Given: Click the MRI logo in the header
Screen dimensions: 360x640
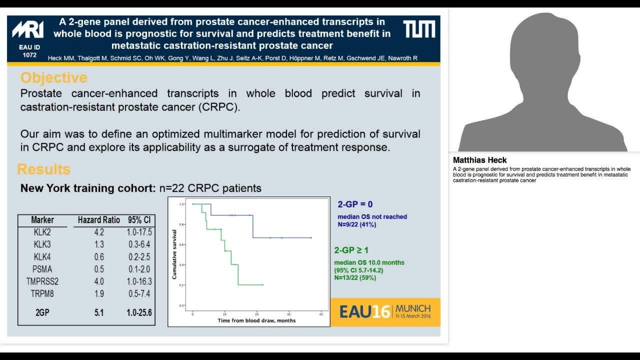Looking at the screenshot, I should point(28,30).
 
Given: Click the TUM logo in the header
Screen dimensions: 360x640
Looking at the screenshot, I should point(419,29).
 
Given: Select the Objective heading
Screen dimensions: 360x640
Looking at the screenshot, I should point(54,77).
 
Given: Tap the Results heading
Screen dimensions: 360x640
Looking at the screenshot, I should point(44,169).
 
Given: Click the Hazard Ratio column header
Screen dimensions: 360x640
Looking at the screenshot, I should point(99,220).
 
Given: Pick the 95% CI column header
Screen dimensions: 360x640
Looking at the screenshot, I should point(139,220).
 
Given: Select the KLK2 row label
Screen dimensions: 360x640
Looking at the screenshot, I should point(42,232).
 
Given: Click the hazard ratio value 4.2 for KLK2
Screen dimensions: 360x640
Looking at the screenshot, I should point(98,232).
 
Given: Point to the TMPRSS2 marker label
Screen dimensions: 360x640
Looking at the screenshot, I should point(42,281).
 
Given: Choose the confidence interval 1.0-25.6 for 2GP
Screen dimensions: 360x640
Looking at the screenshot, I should point(139,313).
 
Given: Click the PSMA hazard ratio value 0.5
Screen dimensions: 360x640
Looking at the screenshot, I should point(98,269).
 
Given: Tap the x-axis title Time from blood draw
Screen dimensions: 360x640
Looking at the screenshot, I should point(256,320).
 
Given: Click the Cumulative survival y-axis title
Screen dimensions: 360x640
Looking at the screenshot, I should point(174,254).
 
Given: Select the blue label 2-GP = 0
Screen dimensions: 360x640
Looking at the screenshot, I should point(355,204).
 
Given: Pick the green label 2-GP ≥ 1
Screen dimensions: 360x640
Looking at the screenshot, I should point(351,250).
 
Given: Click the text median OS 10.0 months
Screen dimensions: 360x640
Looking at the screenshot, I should point(369,262).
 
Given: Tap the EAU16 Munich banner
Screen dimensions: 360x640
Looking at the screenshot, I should point(385,312).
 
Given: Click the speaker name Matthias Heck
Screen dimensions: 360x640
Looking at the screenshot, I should point(480,160).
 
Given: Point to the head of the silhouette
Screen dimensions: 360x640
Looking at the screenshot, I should point(542,47).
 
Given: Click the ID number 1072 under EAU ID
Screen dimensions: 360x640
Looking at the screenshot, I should point(29,55).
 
